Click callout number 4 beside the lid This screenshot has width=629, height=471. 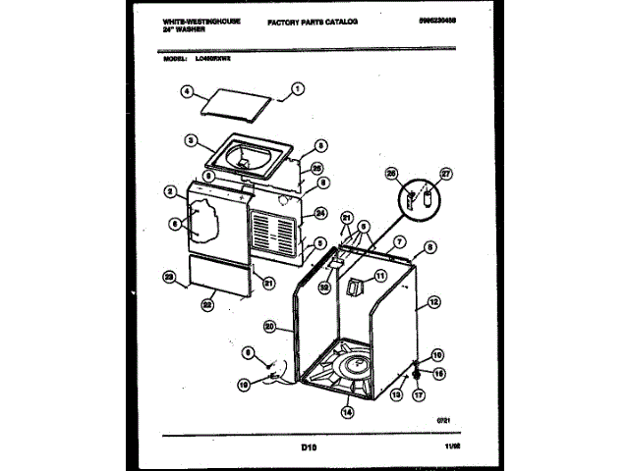[186, 94]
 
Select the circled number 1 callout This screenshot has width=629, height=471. [294, 95]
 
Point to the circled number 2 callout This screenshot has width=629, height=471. [171, 190]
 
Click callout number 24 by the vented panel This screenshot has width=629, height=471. [320, 213]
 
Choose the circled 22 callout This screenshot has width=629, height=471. [207, 304]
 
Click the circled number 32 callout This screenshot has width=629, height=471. [324, 288]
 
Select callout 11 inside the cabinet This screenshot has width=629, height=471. [380, 280]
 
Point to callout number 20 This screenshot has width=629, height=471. [269, 326]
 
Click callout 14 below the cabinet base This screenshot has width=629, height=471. [347, 412]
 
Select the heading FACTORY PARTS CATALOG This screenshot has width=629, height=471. [313, 21]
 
